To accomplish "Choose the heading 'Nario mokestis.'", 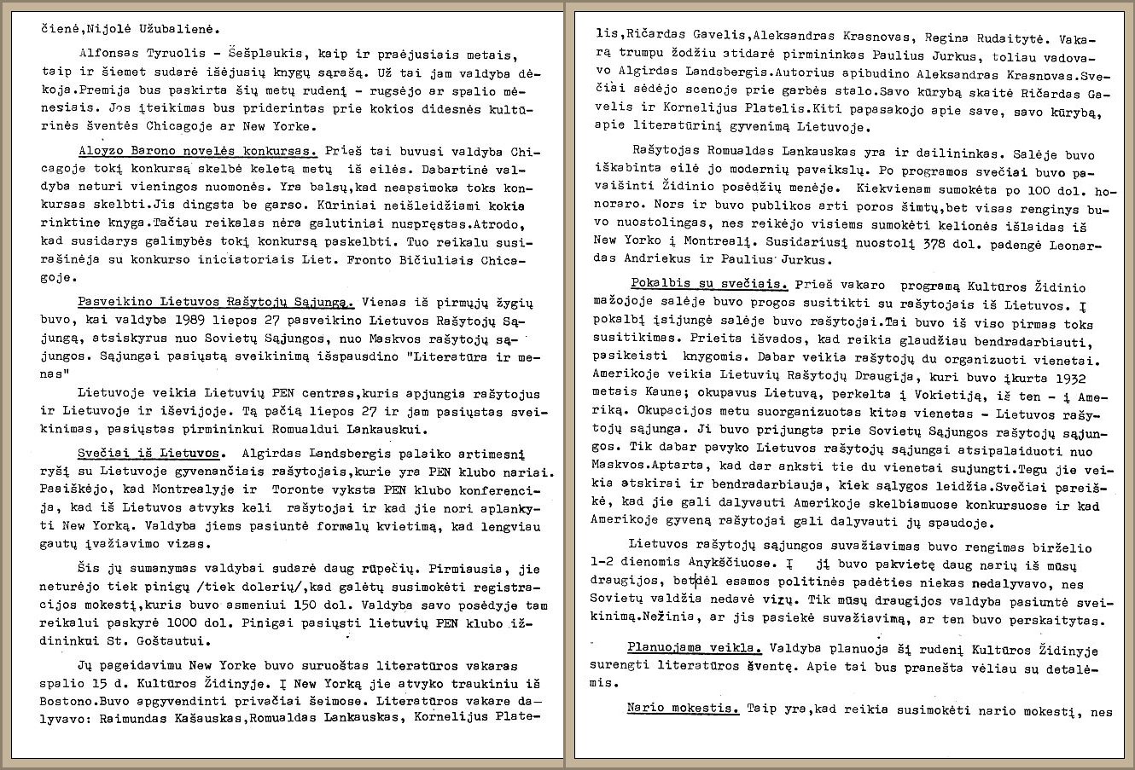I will (x=683, y=708).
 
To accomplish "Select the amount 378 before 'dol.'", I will (x=856, y=245).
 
